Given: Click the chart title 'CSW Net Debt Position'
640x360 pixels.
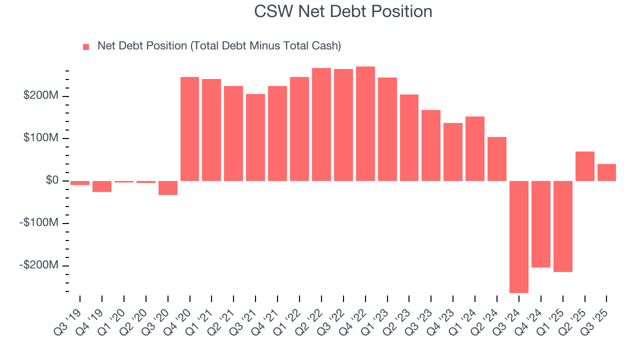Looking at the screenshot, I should click(x=343, y=11).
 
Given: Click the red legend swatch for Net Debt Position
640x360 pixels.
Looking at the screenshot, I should click(x=86, y=46).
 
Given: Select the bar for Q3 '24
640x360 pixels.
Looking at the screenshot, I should click(x=518, y=236).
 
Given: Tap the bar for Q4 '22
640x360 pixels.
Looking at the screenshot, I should click(x=365, y=123).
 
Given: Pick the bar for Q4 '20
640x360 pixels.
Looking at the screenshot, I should click(x=189, y=129).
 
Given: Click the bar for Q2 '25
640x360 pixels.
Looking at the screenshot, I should click(x=584, y=166).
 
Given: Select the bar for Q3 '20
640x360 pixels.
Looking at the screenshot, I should click(x=167, y=187).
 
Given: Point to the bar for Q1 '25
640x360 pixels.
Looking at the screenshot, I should click(x=562, y=226).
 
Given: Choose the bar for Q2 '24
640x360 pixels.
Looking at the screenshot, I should click(x=496, y=159).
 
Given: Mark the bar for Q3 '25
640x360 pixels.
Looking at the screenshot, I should click(x=606, y=172).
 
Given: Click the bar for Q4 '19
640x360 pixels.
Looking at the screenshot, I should click(x=102, y=186).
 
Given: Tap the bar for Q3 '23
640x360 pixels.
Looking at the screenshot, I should click(x=430, y=145).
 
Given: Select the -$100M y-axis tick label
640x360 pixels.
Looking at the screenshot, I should click(x=38, y=222).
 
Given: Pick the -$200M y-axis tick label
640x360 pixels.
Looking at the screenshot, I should click(x=38, y=264).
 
